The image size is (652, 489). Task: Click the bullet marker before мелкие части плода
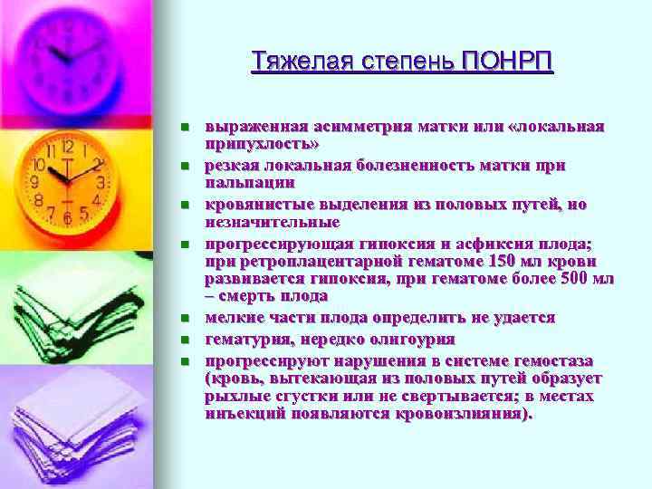click(183, 318)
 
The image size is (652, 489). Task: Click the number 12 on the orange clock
click(66, 145)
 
